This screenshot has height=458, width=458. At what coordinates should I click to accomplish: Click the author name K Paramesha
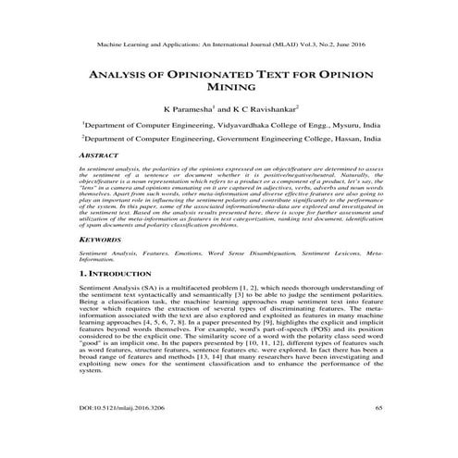pos(191,108)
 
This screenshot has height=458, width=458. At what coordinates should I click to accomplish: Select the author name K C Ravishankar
pos(269,108)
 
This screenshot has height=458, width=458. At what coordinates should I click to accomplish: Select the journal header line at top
pos(229,43)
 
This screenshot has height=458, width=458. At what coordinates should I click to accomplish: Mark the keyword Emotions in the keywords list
pos(190,253)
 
